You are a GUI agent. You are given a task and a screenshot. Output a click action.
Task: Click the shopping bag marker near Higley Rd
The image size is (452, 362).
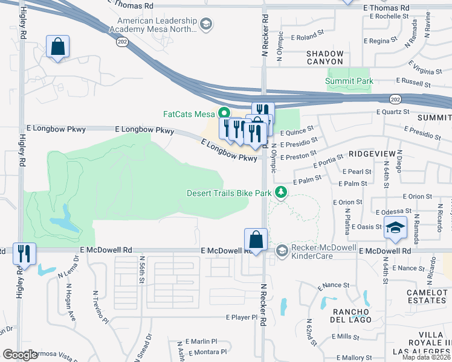[x=57, y=46]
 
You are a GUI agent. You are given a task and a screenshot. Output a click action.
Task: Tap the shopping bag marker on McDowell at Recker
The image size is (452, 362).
[x=256, y=239]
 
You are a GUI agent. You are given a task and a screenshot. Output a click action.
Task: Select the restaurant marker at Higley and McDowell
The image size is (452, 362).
[x=24, y=253]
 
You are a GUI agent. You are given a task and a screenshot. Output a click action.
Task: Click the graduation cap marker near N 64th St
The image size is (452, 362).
[x=395, y=227]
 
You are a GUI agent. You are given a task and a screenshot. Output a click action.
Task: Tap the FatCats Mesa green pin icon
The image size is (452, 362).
[x=224, y=113]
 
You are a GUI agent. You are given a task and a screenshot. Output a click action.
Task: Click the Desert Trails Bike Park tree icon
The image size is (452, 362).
[x=280, y=192]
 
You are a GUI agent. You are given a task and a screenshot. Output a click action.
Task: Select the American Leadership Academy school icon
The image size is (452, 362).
[x=206, y=24]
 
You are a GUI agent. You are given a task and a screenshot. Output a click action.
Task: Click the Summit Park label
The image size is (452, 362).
[x=349, y=81]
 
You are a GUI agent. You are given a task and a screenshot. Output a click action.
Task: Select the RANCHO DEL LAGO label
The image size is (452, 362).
[x=350, y=316]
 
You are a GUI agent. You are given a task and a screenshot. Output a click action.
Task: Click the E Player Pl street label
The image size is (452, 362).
[x=245, y=317]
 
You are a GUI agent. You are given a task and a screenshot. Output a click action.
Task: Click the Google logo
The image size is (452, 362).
[x=20, y=354]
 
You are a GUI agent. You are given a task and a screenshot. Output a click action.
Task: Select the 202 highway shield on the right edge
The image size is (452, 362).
[x=395, y=98]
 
